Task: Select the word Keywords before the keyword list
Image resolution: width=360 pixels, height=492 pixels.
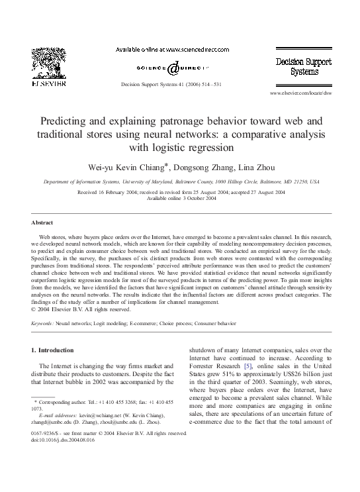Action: coord(44,324)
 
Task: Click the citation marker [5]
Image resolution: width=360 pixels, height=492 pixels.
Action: coord(248,367)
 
